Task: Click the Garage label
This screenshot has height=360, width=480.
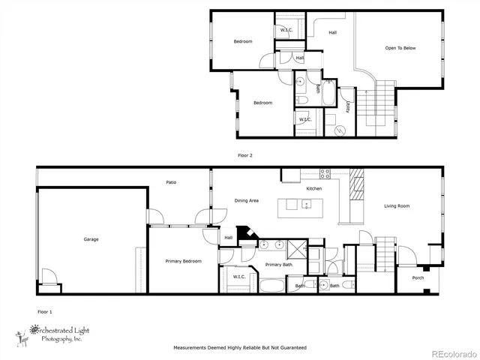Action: click(91, 239)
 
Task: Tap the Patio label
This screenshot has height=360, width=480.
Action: click(171, 182)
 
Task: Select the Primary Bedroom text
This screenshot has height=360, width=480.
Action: click(183, 261)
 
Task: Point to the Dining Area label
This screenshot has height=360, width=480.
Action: click(247, 200)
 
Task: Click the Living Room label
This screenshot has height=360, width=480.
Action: click(397, 206)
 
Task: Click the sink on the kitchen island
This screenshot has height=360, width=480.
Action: click(306, 204)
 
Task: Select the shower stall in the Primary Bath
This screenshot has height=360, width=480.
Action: click(295, 248)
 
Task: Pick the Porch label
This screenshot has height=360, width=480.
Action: click(418, 278)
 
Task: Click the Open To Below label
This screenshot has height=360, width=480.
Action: click(400, 48)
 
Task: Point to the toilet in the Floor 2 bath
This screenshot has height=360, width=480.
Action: click(299, 99)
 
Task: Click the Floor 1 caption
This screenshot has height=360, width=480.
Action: click(45, 310)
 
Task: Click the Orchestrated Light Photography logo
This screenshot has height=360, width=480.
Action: click(56, 333)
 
